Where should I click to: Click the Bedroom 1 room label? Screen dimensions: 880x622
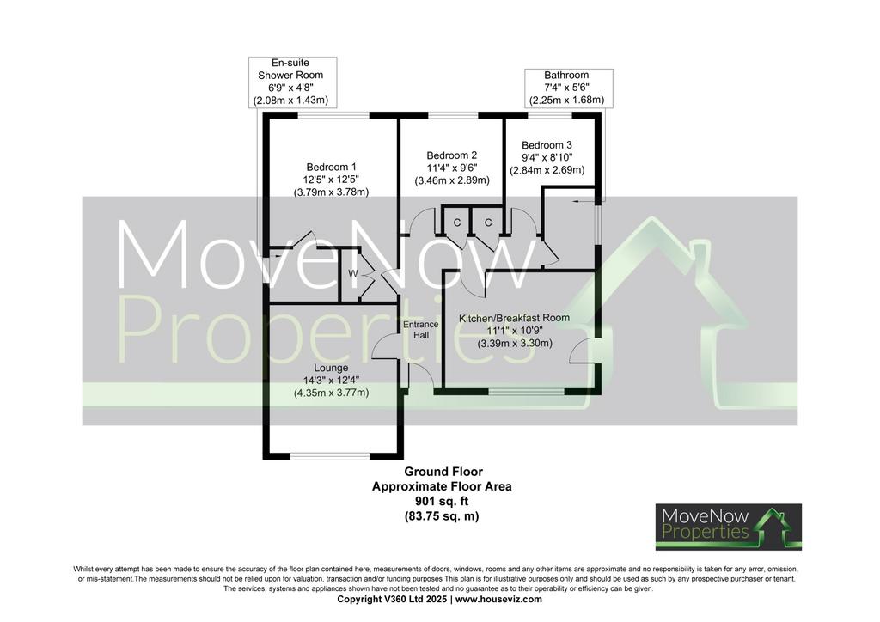(x=331, y=167)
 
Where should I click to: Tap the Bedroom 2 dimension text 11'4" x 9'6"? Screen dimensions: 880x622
(x=452, y=168)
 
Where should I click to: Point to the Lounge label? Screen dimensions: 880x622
(x=331, y=368)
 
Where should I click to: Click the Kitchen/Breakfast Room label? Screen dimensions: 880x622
(x=514, y=318)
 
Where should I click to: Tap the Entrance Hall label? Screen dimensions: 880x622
(x=421, y=330)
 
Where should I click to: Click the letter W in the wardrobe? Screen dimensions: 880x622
(x=353, y=274)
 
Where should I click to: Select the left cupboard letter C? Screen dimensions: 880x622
(x=457, y=223)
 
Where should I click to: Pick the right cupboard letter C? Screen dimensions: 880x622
(x=488, y=223)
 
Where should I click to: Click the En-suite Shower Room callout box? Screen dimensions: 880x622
(x=292, y=82)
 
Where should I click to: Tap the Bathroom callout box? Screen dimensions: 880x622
(x=569, y=88)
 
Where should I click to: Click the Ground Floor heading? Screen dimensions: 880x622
(x=443, y=472)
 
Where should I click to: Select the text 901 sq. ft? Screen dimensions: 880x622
(x=442, y=501)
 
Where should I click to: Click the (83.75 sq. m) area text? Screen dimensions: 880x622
(x=442, y=516)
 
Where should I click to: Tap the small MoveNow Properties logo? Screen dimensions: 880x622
(x=729, y=527)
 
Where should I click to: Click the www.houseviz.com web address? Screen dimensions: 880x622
(x=499, y=599)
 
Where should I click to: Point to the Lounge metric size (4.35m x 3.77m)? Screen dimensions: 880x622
(x=331, y=393)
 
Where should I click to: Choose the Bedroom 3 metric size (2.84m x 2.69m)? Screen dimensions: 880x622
(x=547, y=170)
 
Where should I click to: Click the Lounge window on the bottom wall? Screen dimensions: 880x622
(x=331, y=455)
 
